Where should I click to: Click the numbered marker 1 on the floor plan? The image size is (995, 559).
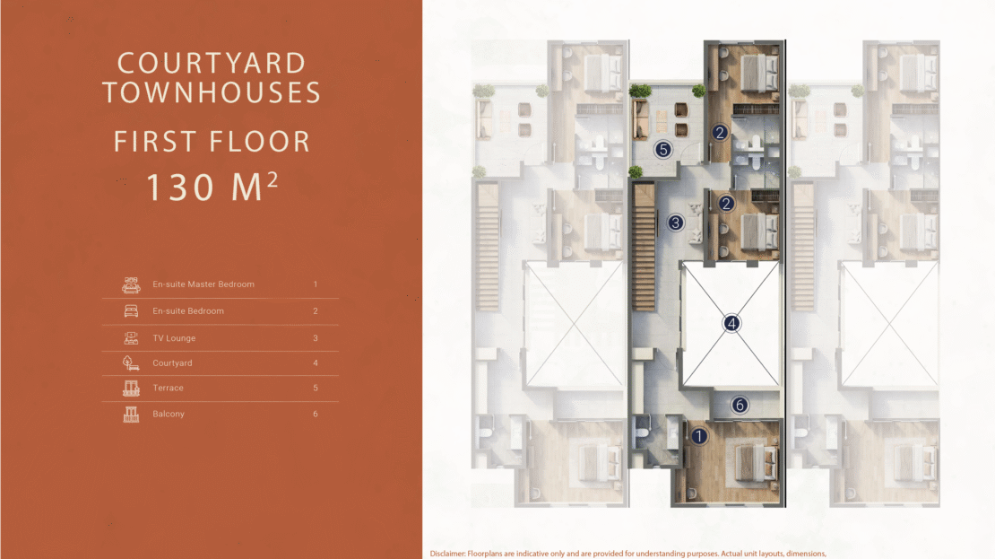(x=698, y=436)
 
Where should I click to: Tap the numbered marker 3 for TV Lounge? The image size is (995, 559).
(x=676, y=223)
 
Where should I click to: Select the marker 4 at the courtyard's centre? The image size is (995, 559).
(x=731, y=323)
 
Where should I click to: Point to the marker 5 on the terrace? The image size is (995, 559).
(x=663, y=150)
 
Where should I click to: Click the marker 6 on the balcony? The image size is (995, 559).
(x=740, y=406)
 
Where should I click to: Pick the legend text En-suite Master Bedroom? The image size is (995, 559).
(x=203, y=284)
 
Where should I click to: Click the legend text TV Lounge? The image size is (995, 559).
(x=174, y=338)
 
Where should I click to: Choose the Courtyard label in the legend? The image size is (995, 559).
(x=172, y=363)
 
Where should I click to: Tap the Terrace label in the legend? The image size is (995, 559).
(x=168, y=389)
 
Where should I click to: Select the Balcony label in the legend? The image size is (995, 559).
(x=169, y=415)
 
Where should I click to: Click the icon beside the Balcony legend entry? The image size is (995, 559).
(x=131, y=415)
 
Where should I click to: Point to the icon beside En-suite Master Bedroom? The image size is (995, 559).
(x=131, y=285)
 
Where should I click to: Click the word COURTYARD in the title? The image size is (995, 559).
(x=212, y=63)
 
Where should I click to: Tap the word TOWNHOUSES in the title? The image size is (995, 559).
(x=212, y=92)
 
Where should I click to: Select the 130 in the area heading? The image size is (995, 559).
(x=180, y=188)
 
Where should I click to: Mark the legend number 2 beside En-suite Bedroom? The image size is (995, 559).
(x=316, y=311)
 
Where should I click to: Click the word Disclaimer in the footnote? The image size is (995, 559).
(x=446, y=554)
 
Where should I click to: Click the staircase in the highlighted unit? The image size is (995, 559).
(x=644, y=248)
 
